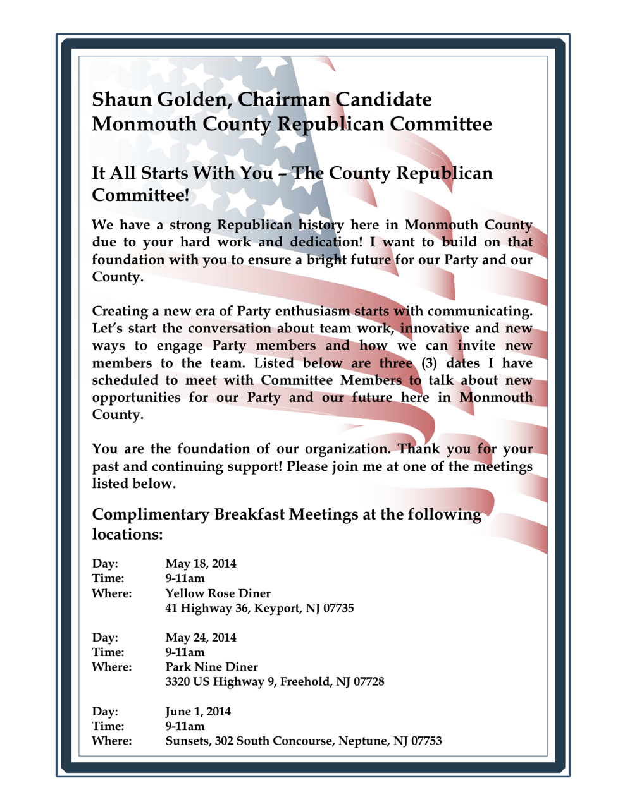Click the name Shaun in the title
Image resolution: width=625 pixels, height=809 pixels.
coord(120,100)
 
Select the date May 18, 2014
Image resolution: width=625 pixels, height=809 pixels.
coord(201,564)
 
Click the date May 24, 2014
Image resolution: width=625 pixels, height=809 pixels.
coord(201,638)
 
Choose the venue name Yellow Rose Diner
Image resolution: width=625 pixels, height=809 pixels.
coord(218,593)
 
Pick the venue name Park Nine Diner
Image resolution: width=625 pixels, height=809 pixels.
coord(211,667)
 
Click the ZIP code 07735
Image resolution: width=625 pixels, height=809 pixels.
coord(334,609)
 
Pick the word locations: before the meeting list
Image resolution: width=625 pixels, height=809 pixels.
coord(128,535)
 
